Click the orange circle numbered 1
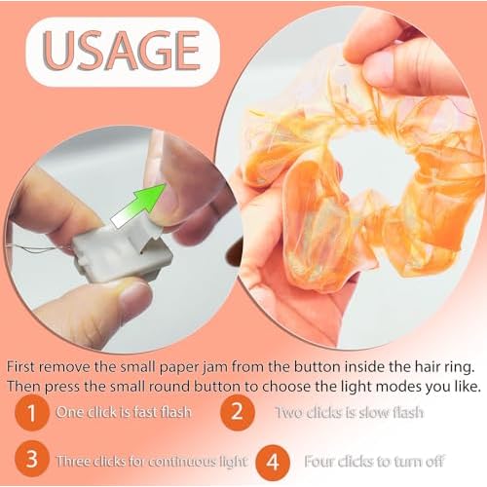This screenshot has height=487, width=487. pos(32,412)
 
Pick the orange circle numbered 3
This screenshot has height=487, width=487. pos(32,459)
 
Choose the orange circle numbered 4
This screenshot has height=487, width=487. pos(276,459)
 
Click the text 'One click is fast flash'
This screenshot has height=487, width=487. pos(123,412)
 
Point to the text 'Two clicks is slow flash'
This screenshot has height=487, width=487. pos(348,412)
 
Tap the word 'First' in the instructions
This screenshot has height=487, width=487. pos(23,365)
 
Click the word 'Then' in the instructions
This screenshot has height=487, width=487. pos(25,385)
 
